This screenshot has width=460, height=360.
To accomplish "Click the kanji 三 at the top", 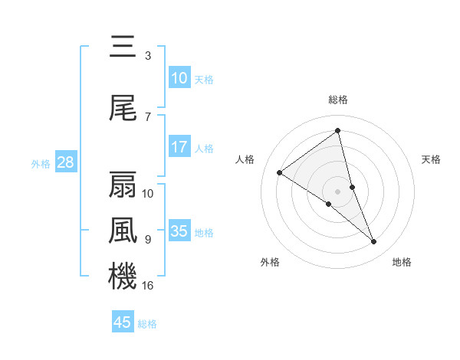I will pyautogui.click(x=123, y=47).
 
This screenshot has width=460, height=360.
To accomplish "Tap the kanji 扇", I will pyautogui.click(x=123, y=185).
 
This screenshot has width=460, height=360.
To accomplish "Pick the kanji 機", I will pyautogui.click(x=123, y=276).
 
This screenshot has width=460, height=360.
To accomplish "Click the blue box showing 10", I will pyautogui.click(x=179, y=78).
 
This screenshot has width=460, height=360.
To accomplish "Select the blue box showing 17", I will pyautogui.click(x=179, y=147).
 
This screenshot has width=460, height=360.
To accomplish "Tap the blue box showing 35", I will pyautogui.click(x=179, y=231).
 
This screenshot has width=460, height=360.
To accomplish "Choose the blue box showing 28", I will pyautogui.click(x=65, y=162).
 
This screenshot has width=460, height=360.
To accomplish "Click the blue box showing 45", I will pyautogui.click(x=123, y=322).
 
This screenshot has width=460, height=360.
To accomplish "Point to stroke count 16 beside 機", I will pyautogui.click(x=148, y=285).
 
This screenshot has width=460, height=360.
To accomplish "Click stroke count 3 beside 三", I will pyautogui.click(x=147, y=55).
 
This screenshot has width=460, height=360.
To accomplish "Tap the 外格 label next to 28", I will pyautogui.click(x=41, y=163).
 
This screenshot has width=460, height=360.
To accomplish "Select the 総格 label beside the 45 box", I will pyautogui.click(x=147, y=324).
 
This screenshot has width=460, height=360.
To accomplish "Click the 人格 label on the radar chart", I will pyautogui.click(x=245, y=159).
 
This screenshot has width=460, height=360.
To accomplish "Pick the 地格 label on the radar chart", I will pyautogui.click(x=402, y=262).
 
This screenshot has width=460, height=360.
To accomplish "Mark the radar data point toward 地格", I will pyautogui.click(x=374, y=242).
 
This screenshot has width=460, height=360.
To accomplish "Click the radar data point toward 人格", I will pyautogui.click(x=279, y=172).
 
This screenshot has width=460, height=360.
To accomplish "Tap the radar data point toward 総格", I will pyautogui.click(x=337, y=130).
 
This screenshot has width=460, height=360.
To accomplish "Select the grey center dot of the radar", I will pyautogui.click(x=337, y=191).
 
